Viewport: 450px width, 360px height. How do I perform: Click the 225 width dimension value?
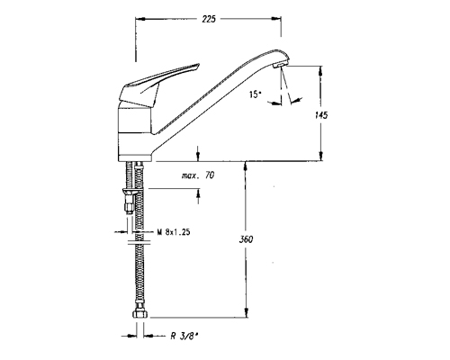click(209, 19)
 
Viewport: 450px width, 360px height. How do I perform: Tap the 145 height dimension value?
click(321, 115)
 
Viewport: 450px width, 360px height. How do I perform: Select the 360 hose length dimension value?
click(246, 239)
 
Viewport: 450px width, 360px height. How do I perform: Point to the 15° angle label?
click(256, 94)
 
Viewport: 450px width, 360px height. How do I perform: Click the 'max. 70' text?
click(198, 175)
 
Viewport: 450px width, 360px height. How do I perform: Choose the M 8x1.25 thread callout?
click(174, 232)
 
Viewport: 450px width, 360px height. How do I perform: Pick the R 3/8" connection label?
click(184, 337)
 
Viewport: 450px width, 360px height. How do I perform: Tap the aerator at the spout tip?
click(281, 65)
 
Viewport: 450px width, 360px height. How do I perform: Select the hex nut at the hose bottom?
click(140, 314)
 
